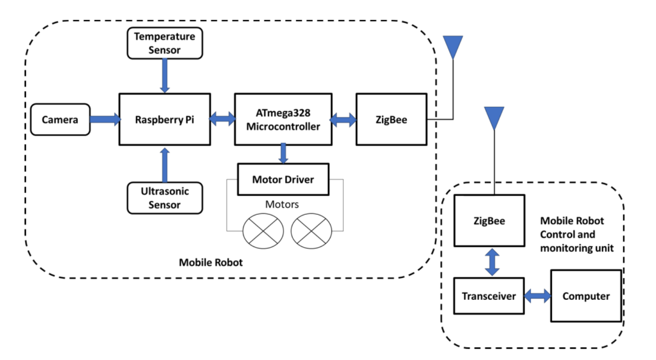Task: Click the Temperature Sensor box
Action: pyautogui.click(x=165, y=43)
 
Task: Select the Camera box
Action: pyautogui.click(x=60, y=120)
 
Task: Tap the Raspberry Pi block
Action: pyautogui.click(x=165, y=120)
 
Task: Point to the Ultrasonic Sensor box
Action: pyautogui.click(x=165, y=198)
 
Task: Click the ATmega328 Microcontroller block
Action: pyautogui.click(x=283, y=120)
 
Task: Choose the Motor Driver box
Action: pyautogui.click(x=283, y=179)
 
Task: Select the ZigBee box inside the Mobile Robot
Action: pyautogui.click(x=391, y=120)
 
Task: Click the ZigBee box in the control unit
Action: pyautogui.click(x=490, y=221)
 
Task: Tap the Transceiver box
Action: pyautogui.click(x=490, y=296)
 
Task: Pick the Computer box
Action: pyautogui.click(x=586, y=296)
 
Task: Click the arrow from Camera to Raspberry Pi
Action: pyautogui.click(x=105, y=120)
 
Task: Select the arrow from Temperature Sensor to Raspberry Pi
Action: pyautogui.click(x=165, y=76)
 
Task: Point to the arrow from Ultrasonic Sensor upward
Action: pyautogui.click(x=165, y=164)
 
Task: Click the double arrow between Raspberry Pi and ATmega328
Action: pyautogui.click(x=222, y=120)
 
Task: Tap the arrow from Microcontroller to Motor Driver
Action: pyautogui.click(x=283, y=154)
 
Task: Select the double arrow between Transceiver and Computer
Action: pyautogui.click(x=538, y=296)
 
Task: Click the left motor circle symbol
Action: pyautogui.click(x=263, y=231)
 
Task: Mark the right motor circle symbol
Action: pyautogui.click(x=311, y=231)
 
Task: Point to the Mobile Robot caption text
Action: pyautogui.click(x=211, y=263)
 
